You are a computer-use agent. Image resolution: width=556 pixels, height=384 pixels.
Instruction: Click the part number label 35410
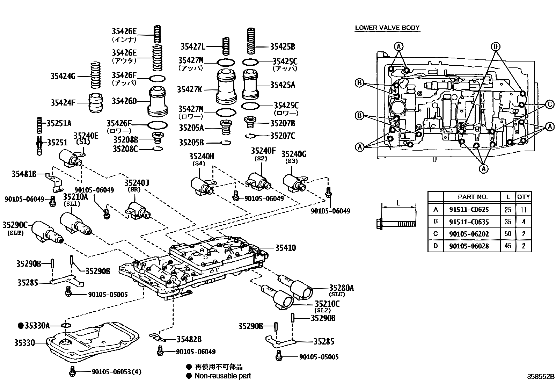285,248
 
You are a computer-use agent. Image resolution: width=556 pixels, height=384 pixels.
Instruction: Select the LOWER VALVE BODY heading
387,28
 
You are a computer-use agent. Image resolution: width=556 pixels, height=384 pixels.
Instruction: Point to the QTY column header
524,197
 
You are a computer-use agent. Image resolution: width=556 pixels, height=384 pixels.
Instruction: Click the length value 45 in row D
508,246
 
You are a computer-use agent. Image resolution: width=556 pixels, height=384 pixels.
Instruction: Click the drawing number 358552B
541,377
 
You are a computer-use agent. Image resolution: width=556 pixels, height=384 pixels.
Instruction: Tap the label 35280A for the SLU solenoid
341,288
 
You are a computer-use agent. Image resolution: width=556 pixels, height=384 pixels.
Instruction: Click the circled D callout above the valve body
495,46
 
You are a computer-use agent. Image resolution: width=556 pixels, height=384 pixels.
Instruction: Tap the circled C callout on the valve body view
549,104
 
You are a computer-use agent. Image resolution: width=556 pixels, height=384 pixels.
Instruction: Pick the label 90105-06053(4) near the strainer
116,372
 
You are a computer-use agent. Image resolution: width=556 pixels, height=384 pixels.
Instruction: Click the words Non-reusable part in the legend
222,376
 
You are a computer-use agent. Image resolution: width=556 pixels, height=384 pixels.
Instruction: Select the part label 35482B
189,339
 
